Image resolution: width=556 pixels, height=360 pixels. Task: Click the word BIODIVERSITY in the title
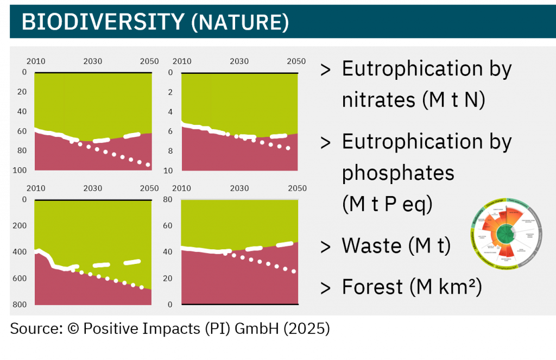point(103,22)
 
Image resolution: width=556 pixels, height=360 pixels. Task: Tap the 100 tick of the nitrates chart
point(21,170)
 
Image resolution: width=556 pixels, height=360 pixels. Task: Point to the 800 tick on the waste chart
point(20,305)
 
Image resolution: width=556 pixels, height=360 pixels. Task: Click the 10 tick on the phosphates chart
point(169,170)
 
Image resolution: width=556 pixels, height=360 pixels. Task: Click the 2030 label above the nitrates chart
point(93,61)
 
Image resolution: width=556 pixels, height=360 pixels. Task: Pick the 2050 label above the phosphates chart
point(296,61)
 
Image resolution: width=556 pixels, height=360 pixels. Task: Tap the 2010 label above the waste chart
point(36,188)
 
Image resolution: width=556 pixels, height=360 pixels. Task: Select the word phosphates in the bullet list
point(398,173)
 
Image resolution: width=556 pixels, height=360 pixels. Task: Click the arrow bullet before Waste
point(326,247)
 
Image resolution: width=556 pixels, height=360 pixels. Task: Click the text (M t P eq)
point(387,205)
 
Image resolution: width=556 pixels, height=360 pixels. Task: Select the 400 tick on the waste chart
point(20,252)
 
